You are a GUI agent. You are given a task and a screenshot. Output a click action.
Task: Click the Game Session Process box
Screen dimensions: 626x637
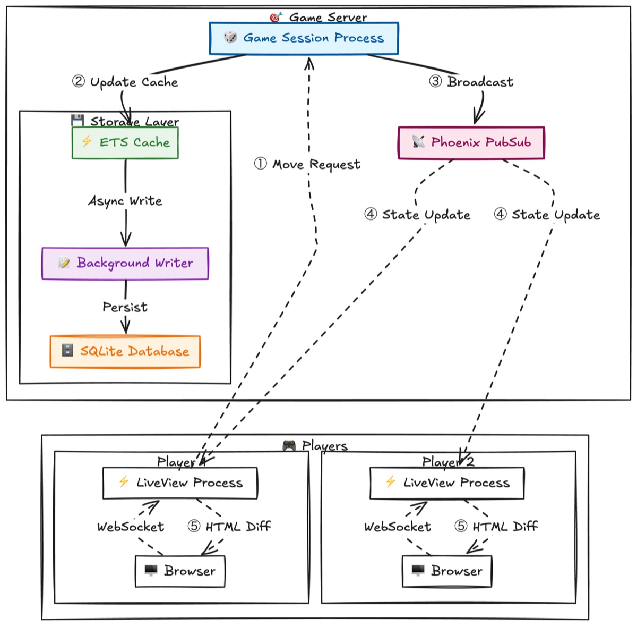[304, 38]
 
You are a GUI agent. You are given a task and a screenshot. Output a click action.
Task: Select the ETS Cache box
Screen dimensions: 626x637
[125, 142]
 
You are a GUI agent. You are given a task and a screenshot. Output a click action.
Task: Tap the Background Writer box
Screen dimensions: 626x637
[125, 263]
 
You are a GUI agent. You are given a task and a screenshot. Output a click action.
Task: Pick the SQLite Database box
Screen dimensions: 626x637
[125, 351]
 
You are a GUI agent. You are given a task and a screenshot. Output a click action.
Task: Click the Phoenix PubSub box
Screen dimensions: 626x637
[471, 142]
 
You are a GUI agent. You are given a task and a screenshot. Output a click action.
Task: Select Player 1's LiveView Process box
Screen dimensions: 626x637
[180, 483]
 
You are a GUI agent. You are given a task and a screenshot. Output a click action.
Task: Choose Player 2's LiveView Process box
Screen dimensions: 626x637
[447, 483]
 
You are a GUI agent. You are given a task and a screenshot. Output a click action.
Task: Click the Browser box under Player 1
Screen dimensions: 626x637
[180, 571]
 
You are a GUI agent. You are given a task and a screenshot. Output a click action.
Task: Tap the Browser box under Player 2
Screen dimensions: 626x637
[447, 571]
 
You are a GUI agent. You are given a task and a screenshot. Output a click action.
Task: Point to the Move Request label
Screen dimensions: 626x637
[307, 164]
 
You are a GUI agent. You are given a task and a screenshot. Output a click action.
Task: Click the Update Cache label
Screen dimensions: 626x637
[125, 82]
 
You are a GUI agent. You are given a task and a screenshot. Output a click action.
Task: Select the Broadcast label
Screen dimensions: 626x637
[471, 82]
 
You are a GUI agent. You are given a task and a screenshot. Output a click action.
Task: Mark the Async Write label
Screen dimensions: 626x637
[125, 201]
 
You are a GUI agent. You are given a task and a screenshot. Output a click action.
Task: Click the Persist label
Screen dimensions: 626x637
[125, 307]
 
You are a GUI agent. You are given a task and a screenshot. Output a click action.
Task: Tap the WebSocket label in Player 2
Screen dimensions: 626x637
[398, 527]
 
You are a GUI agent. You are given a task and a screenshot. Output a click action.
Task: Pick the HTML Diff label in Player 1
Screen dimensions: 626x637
[229, 527]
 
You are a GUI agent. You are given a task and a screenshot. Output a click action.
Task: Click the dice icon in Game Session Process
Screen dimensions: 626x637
[230, 37]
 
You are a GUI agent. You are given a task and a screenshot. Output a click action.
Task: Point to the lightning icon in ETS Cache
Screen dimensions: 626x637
[87, 141]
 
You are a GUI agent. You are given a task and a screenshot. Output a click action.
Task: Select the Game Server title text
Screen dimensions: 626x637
[328, 17]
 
